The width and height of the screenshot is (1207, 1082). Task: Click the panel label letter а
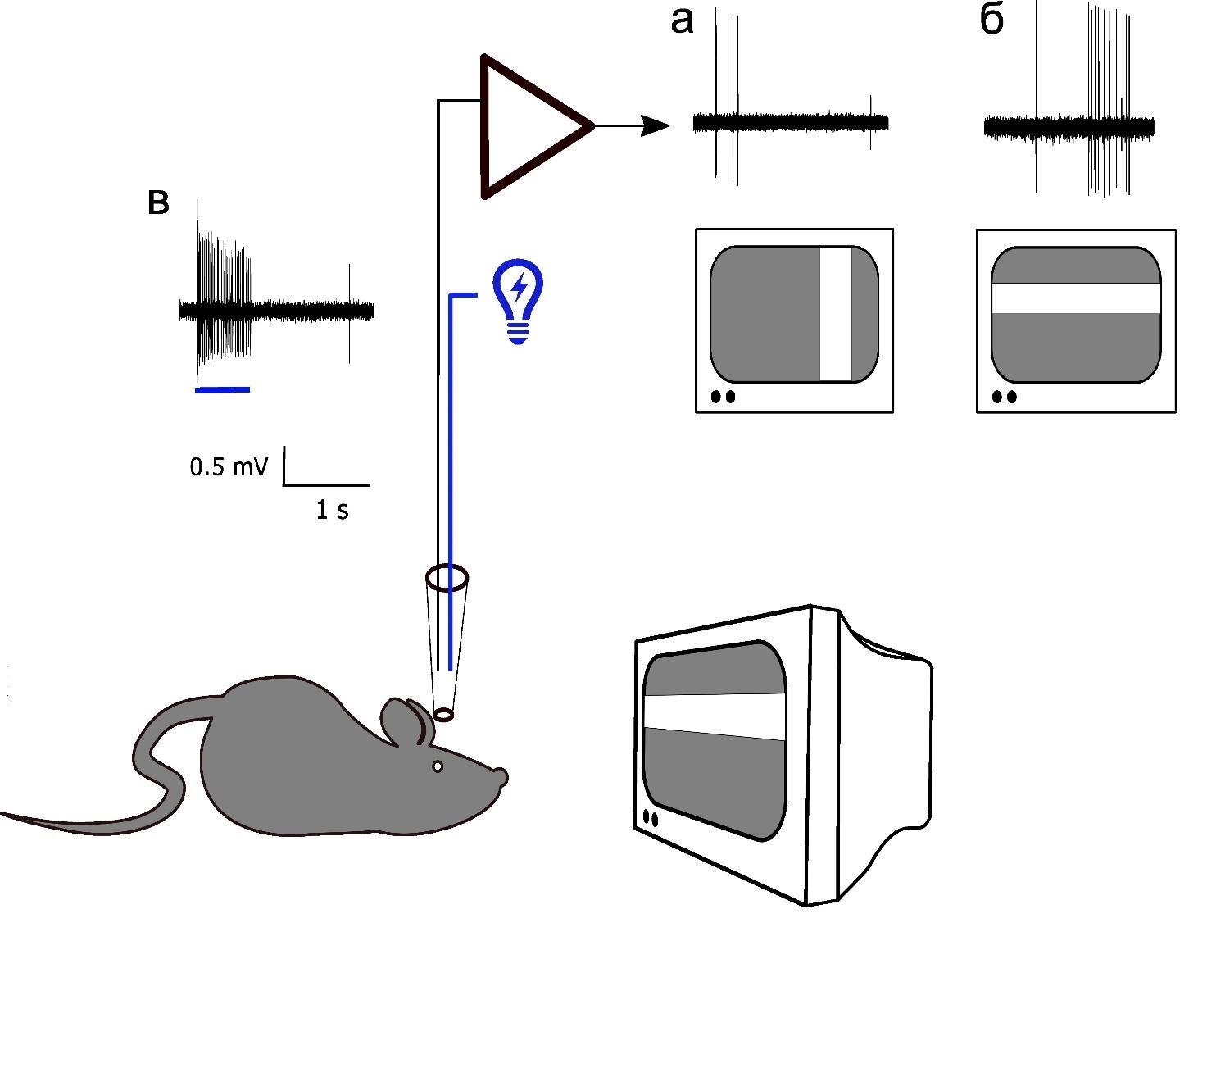(x=682, y=21)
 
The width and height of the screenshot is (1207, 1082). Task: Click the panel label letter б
(x=991, y=20)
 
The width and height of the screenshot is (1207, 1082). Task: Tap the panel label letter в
(x=158, y=202)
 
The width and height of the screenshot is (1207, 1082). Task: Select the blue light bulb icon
(x=518, y=300)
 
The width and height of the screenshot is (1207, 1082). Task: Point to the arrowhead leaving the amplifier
(x=656, y=126)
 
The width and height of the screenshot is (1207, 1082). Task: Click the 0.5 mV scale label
(x=229, y=467)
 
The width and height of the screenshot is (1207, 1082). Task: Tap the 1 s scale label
(x=332, y=511)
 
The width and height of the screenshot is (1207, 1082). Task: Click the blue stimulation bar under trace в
(x=222, y=390)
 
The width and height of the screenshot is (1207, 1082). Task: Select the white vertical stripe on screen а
(x=836, y=314)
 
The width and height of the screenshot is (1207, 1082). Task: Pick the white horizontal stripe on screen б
(x=1076, y=298)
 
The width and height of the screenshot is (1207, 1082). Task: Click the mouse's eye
(x=438, y=766)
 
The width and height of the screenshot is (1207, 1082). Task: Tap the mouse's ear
(x=402, y=721)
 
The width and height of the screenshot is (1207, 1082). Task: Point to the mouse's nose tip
(x=501, y=775)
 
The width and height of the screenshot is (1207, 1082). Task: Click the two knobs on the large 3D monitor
(x=651, y=818)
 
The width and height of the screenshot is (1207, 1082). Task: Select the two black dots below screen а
(x=723, y=397)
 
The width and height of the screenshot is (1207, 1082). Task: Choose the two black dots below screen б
(x=1004, y=398)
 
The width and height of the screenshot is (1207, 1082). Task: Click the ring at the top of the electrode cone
(x=447, y=579)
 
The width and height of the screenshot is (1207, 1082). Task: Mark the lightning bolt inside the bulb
(x=518, y=288)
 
